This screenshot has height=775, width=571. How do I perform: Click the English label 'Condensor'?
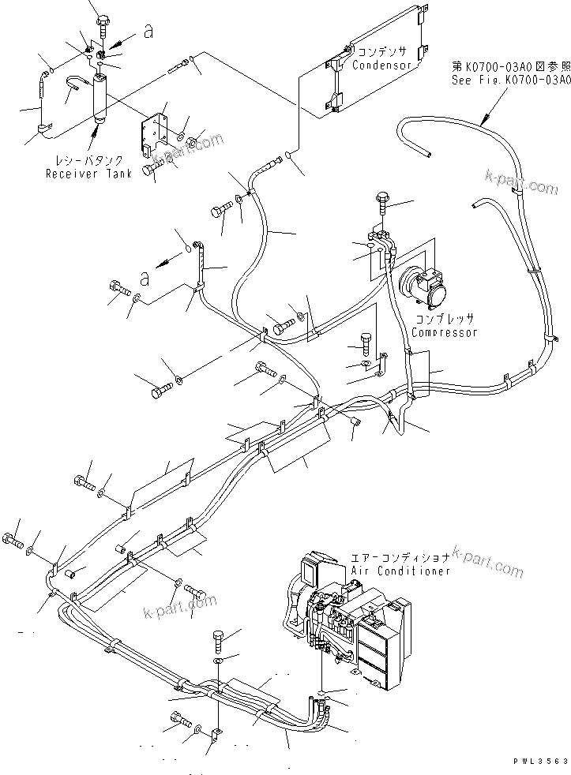tap(382, 66)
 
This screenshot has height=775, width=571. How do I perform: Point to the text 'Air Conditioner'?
tap(401, 571)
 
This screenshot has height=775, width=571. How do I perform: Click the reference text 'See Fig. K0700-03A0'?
tap(509, 79)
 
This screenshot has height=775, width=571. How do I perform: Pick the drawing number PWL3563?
tap(539, 760)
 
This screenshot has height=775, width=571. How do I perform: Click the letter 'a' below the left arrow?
tap(143, 278)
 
